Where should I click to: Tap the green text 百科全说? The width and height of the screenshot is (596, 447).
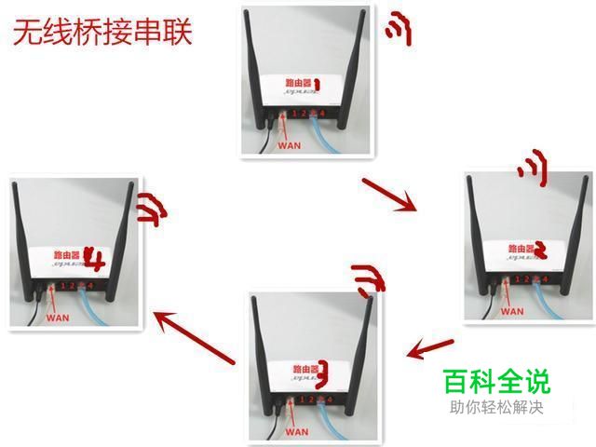(x=495, y=381)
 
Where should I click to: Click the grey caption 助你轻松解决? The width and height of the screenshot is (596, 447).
(x=495, y=407)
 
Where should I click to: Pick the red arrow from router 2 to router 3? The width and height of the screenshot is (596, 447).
(x=430, y=348)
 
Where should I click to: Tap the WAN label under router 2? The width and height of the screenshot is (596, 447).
(x=512, y=310)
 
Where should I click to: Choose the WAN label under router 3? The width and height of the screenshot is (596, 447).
(x=296, y=431)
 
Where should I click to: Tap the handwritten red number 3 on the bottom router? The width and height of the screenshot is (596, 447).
(x=321, y=370)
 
